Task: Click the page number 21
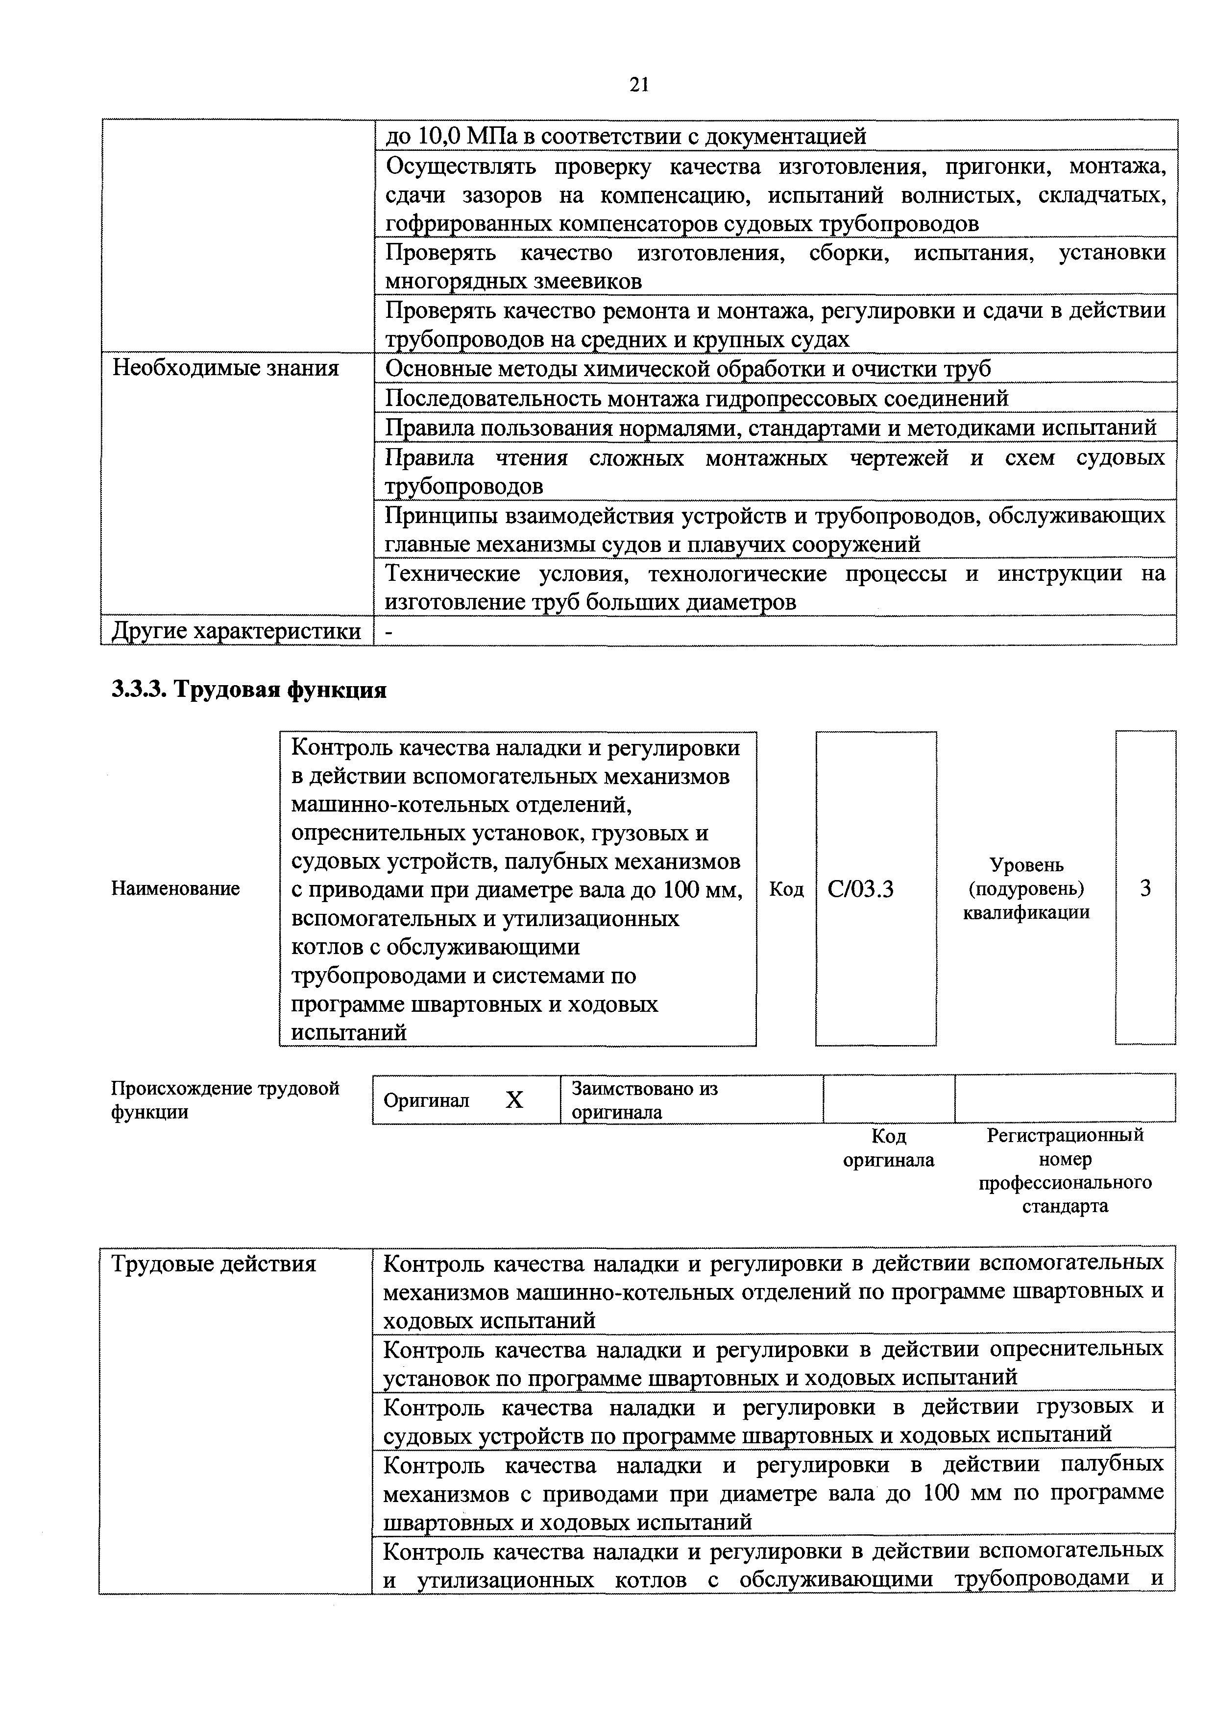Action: tap(638, 85)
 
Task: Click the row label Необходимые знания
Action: tap(225, 368)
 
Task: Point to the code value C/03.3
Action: tap(860, 889)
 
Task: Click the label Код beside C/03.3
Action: tap(786, 889)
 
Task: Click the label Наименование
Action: tap(175, 888)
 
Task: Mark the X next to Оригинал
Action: tap(514, 1100)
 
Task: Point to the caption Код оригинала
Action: tap(889, 1148)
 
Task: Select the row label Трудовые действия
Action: tap(214, 1265)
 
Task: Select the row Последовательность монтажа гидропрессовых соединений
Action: tap(696, 398)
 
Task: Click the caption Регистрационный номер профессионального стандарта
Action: tap(1065, 1170)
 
